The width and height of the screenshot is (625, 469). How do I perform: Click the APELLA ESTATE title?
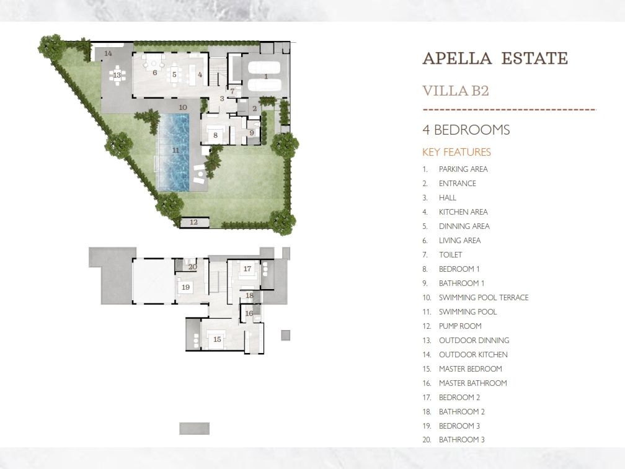[495, 58]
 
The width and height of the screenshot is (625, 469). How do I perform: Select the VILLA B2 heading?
[456, 91]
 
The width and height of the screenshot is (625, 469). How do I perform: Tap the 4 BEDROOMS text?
[466, 130]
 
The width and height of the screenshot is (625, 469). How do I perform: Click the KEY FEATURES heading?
[456, 152]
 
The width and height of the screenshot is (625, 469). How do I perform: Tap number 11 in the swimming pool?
[175, 150]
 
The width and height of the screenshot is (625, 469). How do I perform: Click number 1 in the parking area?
[266, 76]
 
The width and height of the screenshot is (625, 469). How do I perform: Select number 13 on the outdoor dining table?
[117, 75]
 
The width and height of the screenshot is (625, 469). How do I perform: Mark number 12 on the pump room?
[193, 222]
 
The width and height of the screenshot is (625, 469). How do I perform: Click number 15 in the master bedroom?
[217, 339]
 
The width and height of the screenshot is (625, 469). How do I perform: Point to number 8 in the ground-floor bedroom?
[215, 135]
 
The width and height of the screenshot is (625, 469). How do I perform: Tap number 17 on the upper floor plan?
[247, 269]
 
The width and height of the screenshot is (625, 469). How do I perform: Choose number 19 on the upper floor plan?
[185, 287]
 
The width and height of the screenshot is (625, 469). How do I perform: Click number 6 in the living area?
[154, 73]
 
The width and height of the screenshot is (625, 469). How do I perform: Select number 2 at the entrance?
[255, 109]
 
